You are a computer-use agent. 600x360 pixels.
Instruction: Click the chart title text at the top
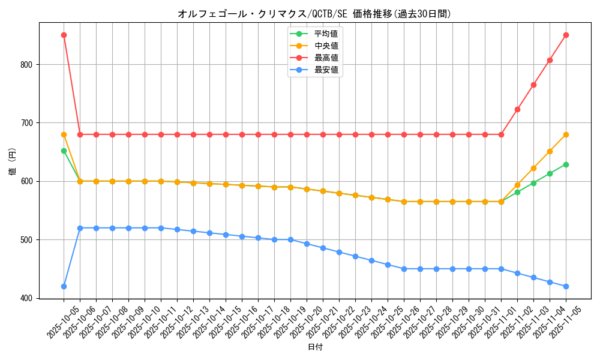tap(314, 14)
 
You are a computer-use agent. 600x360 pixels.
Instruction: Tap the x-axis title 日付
tap(315, 347)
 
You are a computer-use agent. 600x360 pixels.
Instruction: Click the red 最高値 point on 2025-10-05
tap(64, 35)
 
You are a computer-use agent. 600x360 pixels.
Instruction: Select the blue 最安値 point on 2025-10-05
tap(64, 286)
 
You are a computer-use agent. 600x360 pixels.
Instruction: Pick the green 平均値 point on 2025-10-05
tap(64, 151)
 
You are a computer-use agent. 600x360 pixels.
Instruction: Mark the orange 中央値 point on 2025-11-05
tap(566, 134)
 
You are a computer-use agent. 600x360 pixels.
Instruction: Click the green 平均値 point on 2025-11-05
tap(566, 164)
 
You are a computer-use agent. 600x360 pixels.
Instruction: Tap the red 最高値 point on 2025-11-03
tap(533, 85)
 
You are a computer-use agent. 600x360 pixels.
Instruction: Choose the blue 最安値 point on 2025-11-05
tap(566, 286)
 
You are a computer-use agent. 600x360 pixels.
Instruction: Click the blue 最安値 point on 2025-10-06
tap(80, 228)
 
